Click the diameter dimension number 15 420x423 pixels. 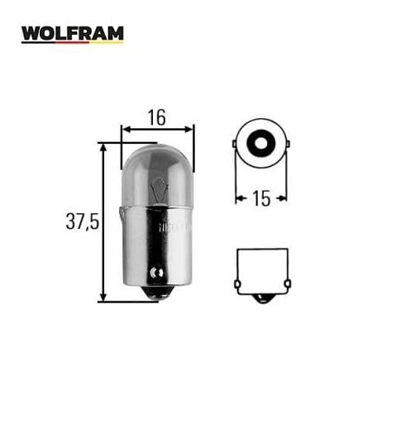click(260, 198)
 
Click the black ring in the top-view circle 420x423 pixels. click(260, 143)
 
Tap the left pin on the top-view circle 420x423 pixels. click(235, 143)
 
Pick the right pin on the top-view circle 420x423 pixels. click(286, 143)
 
